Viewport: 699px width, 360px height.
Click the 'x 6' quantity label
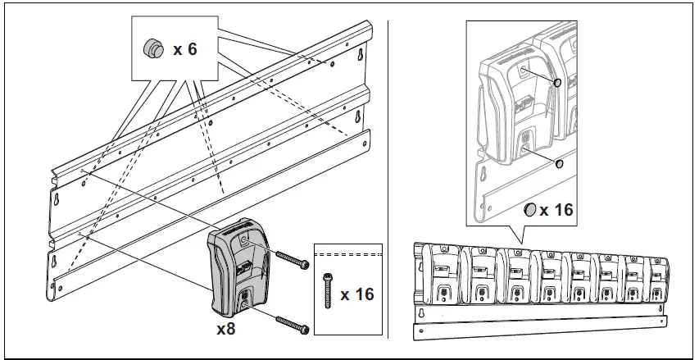pyautogui.click(x=185, y=49)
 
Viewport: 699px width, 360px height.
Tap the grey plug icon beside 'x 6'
pyautogui.click(x=152, y=48)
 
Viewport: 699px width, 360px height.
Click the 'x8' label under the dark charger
pyautogui.click(x=227, y=330)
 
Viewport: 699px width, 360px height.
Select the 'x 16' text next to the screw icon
pyautogui.click(x=356, y=293)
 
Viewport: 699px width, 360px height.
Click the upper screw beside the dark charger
pyautogui.click(x=292, y=261)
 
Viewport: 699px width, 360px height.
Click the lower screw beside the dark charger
pyautogui.click(x=292, y=323)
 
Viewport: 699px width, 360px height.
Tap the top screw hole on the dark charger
pyautogui.click(x=245, y=240)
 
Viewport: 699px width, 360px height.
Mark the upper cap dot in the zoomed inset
pyautogui.click(x=556, y=83)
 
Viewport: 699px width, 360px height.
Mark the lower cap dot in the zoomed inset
pyautogui.click(x=560, y=163)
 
